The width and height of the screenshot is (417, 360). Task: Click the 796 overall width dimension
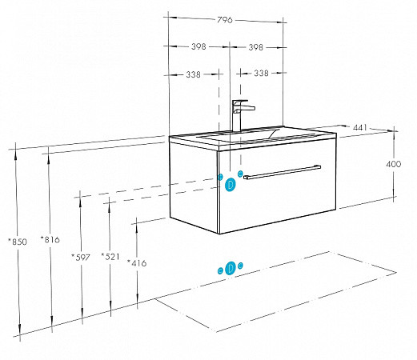tap(225, 20)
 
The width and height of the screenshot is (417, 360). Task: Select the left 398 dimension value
tap(198, 46)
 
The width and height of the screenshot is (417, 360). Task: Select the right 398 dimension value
tap(256, 47)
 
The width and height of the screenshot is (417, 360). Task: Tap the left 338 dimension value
tap(193, 74)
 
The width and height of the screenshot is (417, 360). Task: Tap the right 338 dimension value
tap(261, 73)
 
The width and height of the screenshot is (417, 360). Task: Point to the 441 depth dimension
tap(360, 127)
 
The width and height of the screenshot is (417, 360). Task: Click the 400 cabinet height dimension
tap(393, 164)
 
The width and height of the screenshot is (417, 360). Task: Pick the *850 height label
tap(18, 242)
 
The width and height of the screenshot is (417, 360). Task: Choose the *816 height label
tap(50, 239)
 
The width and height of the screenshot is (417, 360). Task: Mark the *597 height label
tap(81, 258)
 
